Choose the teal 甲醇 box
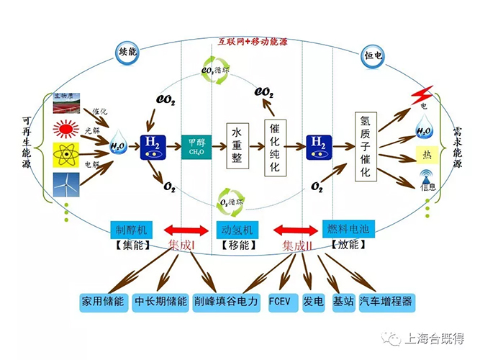coord(196,145)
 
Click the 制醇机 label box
coord(132,230)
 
